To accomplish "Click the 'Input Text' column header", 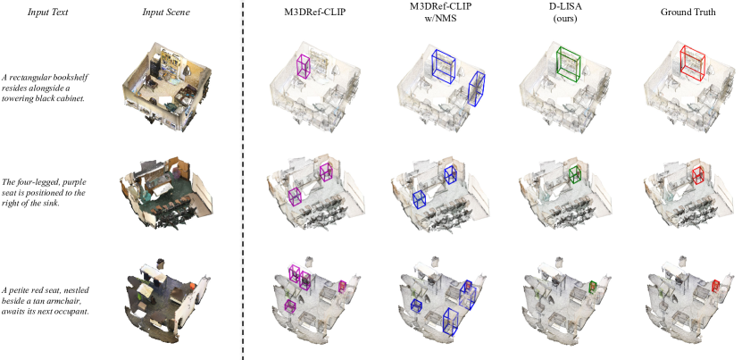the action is coord(47,13).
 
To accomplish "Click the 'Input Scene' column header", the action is coord(165,13).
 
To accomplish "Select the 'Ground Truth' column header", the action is coord(688,13).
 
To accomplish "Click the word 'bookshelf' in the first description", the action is coord(73,77).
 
